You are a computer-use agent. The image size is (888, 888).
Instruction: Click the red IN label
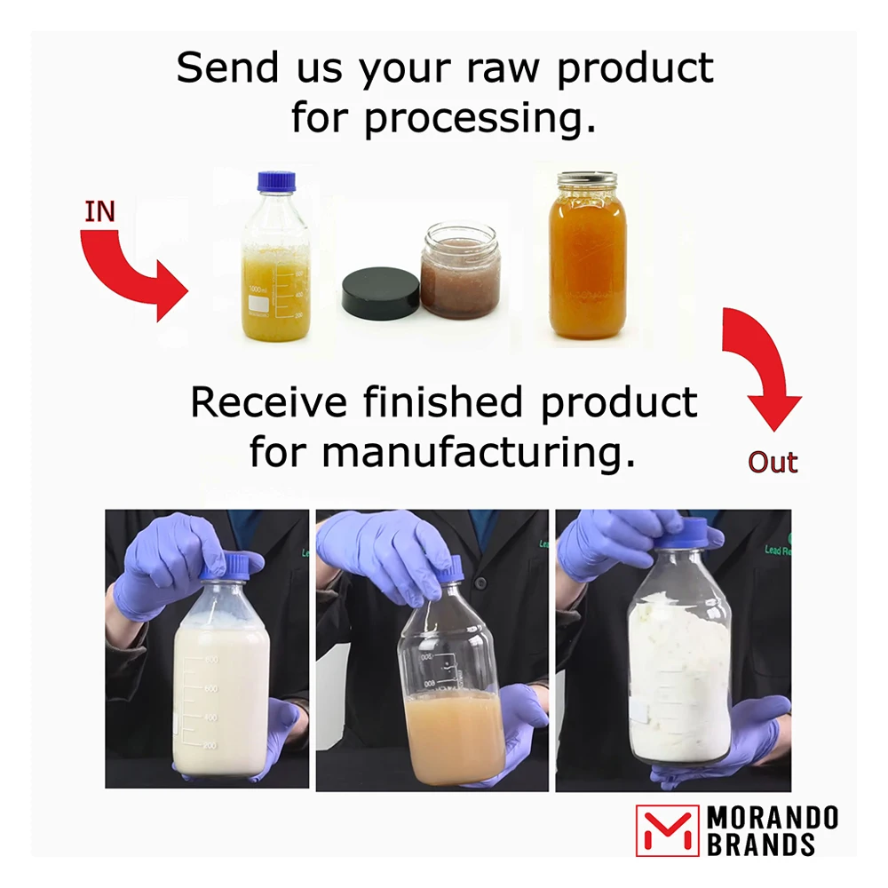[100, 212]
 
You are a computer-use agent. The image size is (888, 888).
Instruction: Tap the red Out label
[772, 463]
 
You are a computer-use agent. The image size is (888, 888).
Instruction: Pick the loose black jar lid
[381, 293]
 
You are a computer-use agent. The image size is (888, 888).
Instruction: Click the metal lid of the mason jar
[588, 180]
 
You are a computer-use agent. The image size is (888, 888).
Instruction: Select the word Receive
[268, 403]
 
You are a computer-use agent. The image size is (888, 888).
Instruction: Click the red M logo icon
[668, 830]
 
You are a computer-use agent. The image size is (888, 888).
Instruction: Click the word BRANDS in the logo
[760, 844]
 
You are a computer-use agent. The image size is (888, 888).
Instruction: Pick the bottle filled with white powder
[679, 675]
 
